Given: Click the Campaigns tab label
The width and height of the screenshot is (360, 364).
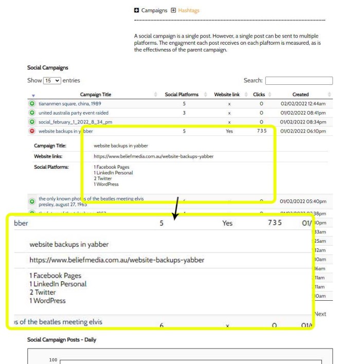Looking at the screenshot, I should click(154, 10).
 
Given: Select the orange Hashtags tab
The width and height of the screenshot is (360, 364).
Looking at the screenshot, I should click(189, 10).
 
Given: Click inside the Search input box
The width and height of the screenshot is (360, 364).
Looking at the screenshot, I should click(299, 81).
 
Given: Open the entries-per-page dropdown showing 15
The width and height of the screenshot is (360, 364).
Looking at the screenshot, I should click(52, 81).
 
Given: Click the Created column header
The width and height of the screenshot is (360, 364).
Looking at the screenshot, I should click(300, 95).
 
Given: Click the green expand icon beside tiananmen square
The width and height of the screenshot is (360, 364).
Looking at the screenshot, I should click(32, 104).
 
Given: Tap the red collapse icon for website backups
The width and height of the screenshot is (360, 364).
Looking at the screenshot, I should click(32, 131).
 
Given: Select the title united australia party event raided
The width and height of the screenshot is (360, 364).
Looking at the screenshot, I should click(74, 113).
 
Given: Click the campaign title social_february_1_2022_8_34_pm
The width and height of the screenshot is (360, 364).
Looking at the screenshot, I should click(75, 122).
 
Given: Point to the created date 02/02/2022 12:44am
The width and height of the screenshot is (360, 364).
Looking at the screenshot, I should click(303, 104).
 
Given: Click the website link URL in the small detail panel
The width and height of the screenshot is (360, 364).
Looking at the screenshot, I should click(153, 156).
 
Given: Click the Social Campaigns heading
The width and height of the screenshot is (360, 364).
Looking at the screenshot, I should click(48, 67).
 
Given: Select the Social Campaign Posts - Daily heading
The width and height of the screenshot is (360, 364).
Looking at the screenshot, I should click(62, 340).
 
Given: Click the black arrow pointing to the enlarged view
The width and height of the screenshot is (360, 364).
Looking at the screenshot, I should click(176, 208).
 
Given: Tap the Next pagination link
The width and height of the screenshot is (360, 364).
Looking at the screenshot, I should click(320, 314).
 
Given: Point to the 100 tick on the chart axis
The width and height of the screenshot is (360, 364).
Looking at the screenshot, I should click(53, 360).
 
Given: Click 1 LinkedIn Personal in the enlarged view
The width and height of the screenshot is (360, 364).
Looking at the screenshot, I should click(58, 284).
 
